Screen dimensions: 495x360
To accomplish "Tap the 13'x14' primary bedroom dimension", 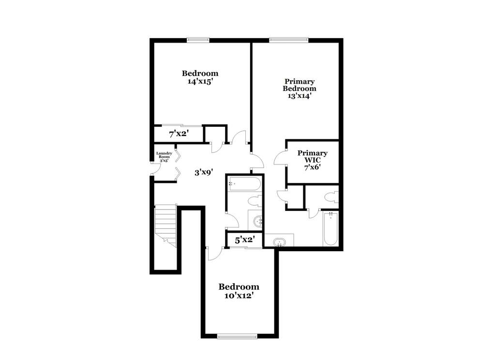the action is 300,96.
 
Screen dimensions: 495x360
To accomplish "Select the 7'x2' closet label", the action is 179,134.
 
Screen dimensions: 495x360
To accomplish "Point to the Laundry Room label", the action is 164,155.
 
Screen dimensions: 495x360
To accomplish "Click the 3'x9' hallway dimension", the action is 204,172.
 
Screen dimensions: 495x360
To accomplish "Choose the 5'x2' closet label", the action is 245,240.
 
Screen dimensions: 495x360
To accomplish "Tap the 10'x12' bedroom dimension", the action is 239,296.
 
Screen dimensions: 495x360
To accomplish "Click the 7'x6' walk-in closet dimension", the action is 313,167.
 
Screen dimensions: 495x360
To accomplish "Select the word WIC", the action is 312,160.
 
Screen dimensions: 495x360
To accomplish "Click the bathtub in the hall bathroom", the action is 244,184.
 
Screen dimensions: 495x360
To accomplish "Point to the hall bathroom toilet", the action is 255,201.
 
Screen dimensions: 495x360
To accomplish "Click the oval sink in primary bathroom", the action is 279,242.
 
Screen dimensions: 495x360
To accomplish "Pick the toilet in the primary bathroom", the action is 332,198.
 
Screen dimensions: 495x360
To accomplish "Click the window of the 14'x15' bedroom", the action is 198,40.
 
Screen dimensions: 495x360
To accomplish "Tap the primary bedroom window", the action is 289,40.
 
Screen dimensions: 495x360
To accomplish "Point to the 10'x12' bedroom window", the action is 238,337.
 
